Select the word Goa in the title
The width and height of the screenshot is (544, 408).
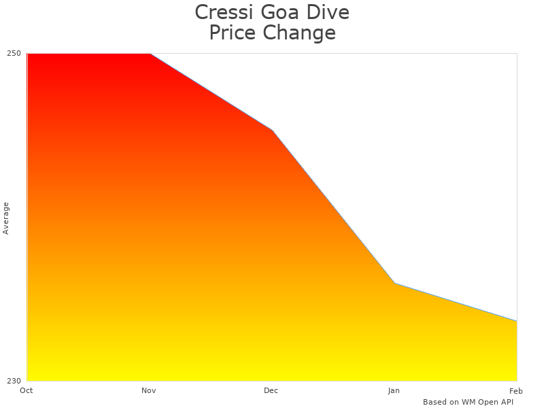tap(280, 12)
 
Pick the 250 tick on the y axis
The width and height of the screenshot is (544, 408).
tap(14, 53)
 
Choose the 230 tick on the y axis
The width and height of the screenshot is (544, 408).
tap(14, 381)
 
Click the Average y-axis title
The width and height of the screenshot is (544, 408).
tap(6, 218)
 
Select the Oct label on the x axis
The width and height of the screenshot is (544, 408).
tap(27, 390)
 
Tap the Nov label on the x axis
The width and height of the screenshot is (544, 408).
tap(149, 390)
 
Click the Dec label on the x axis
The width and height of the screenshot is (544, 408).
tap(271, 390)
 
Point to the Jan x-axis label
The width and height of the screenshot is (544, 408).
tap(394, 390)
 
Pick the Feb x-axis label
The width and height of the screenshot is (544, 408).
tap(516, 390)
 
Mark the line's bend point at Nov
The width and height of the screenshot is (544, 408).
tap(150, 53)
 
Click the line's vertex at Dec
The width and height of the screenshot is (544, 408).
tap(272, 130)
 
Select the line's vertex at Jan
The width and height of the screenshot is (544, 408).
tap(394, 283)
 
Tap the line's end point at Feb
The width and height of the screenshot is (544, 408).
tap(517, 321)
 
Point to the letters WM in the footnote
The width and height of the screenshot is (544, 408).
tap(469, 402)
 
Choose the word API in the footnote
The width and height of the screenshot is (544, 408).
tap(505, 402)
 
